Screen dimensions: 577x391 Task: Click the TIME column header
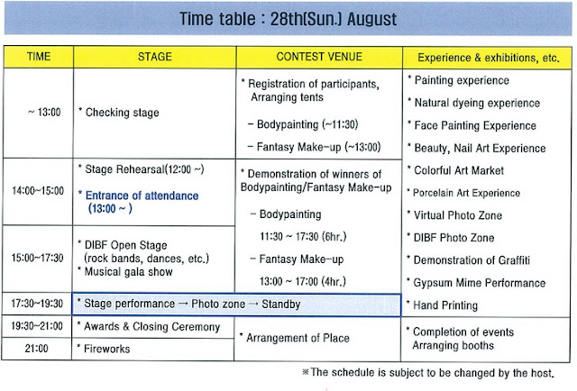click(39, 57)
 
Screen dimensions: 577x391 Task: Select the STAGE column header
click(155, 57)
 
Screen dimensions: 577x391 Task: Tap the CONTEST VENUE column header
click(319, 57)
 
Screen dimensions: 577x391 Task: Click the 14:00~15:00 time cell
click(38, 191)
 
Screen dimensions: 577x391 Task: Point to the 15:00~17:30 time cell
click(38, 258)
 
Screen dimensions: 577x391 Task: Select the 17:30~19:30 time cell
click(37, 304)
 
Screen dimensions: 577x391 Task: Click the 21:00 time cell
click(36, 349)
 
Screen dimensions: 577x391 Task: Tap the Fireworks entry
click(104, 349)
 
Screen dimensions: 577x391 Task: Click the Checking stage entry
click(118, 113)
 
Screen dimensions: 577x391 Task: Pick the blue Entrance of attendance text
click(138, 202)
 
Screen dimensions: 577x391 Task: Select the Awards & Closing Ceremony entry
click(149, 327)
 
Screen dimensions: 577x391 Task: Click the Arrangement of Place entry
click(295, 338)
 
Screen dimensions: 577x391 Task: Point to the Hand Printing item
click(442, 305)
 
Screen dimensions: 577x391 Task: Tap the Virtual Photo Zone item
click(454, 215)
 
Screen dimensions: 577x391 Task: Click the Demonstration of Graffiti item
click(469, 260)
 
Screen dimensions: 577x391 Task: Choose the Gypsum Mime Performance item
click(476, 283)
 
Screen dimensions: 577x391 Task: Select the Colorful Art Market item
click(455, 170)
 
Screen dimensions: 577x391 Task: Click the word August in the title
click(371, 19)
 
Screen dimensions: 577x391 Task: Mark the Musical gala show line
click(125, 271)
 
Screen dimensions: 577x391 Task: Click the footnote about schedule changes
click(428, 373)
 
